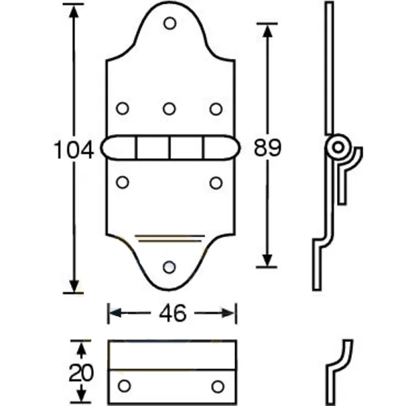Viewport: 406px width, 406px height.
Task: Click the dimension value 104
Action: click(x=73, y=150)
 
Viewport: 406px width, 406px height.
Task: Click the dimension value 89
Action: click(x=267, y=148)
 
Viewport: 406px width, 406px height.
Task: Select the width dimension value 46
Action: click(x=173, y=313)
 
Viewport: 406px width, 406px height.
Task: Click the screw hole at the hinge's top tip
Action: click(x=170, y=24)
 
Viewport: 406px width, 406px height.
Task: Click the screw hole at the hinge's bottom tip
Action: click(x=170, y=267)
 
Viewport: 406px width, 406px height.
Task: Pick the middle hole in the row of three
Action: click(x=170, y=108)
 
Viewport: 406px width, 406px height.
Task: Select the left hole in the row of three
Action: click(x=122, y=108)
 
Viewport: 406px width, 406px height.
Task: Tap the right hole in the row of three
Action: click(x=216, y=108)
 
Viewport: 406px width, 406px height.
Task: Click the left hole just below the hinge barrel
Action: click(x=122, y=182)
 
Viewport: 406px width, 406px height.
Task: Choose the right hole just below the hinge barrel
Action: click(x=216, y=182)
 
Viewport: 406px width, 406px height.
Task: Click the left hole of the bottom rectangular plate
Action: click(x=123, y=386)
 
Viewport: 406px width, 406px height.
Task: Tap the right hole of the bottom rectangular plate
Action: click(x=217, y=386)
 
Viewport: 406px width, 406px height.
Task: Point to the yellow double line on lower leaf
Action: click(x=170, y=238)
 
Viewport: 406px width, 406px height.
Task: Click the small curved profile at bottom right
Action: click(x=340, y=365)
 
